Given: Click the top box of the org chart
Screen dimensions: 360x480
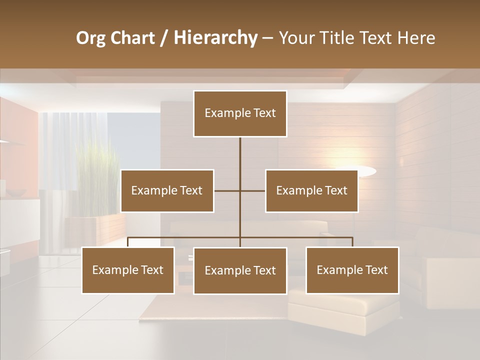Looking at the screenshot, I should point(240,113).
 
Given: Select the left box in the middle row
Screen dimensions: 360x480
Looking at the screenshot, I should point(167,190).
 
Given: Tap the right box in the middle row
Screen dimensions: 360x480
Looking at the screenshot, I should point(311,190).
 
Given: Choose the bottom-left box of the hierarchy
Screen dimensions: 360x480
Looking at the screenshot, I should point(128,270).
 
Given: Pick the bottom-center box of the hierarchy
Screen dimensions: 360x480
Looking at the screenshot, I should point(240,270).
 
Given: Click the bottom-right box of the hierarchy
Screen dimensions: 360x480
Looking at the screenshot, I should point(352,270).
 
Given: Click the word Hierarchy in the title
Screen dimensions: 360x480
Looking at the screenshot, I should point(215,37).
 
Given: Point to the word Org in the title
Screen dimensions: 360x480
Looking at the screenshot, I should point(91,37).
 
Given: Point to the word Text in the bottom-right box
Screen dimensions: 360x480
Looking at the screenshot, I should point(376,270).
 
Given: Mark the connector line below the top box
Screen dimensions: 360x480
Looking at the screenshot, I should point(240,155).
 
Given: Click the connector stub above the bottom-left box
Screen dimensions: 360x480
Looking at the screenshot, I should point(128,242).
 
